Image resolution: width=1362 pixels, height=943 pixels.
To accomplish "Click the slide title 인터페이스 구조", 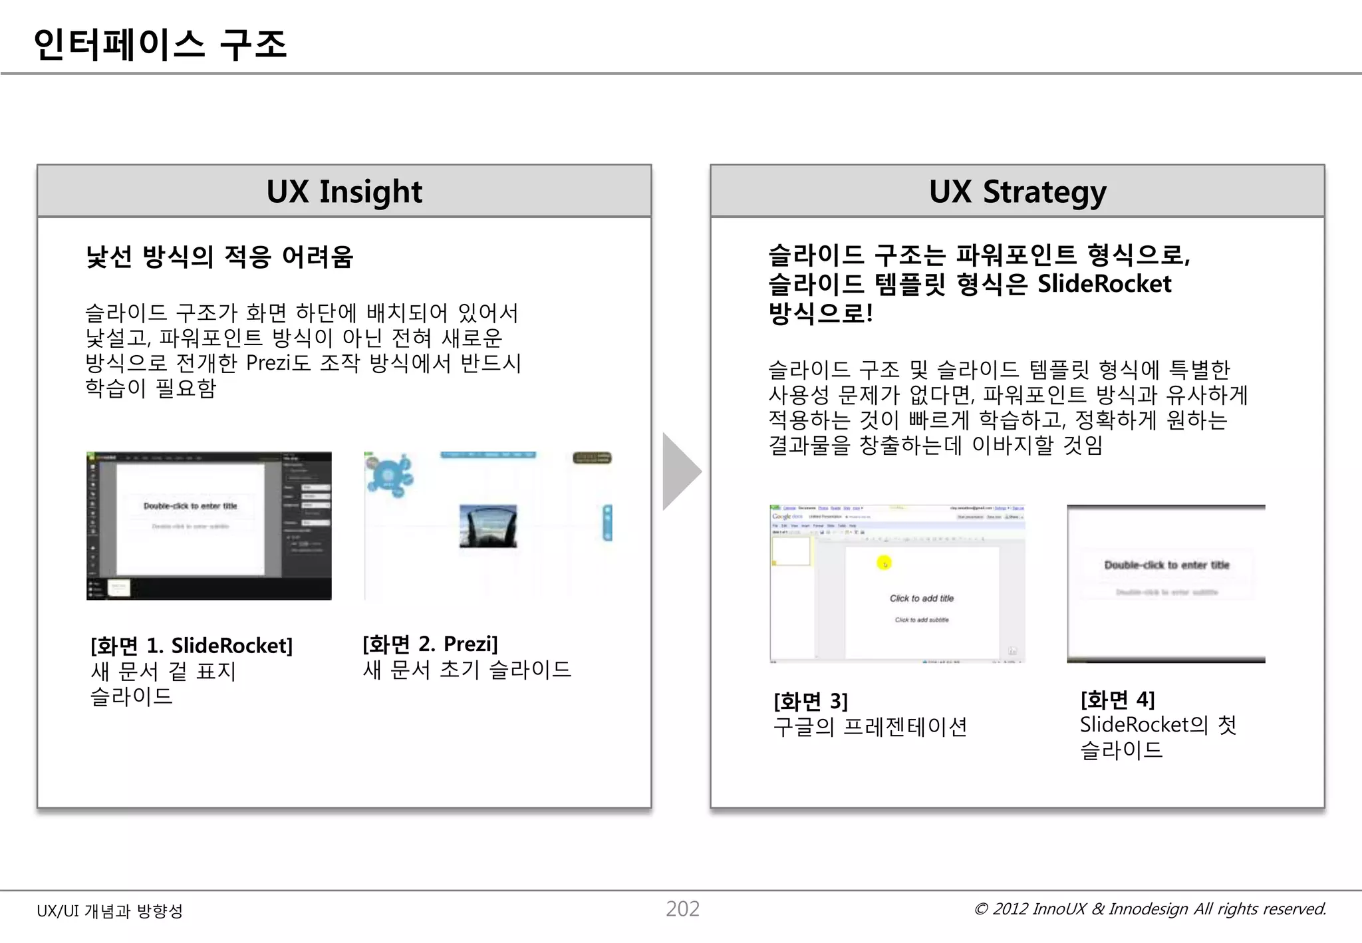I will pos(160,45).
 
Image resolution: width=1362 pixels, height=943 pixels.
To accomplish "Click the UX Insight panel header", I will pos(344,192).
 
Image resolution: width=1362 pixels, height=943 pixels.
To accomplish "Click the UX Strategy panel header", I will pos(1017,192).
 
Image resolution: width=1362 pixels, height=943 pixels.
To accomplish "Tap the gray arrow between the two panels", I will pos(680,471).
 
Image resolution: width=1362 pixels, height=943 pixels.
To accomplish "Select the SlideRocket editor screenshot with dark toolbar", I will pos(209,525).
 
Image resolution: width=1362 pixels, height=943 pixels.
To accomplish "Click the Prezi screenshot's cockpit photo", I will pos(488,525).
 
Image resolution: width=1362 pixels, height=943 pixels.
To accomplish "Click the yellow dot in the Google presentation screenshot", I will pos(884,563).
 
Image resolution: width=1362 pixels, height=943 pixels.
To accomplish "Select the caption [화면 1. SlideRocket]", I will pos(192,646).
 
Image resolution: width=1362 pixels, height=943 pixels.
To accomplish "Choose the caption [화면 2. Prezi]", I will pos(430,644).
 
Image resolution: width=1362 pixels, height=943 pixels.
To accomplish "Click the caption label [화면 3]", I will pos(811,701).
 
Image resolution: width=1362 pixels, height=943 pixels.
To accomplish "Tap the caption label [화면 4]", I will pos(1117,700).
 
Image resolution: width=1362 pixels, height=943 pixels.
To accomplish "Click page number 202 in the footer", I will pos(682,909).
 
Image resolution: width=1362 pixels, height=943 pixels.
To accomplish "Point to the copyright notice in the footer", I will pos(1150,909).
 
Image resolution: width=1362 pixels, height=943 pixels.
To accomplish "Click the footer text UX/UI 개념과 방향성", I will pos(110,911).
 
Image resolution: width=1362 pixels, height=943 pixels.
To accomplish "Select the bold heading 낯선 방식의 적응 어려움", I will pos(219,257).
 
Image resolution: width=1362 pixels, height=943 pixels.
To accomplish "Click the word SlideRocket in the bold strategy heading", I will pos(1104,284).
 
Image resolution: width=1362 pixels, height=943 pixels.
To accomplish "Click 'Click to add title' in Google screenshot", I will pos(922,599).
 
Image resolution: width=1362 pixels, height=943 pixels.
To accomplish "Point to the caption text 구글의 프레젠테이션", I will pos(870,727).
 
